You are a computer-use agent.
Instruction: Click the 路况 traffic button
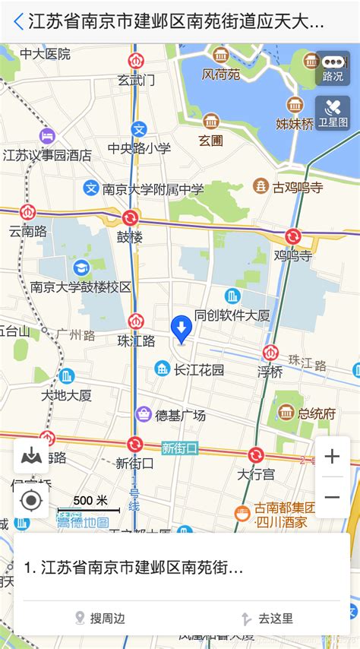[x=333, y=68]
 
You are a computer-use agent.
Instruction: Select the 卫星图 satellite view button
[x=333, y=113]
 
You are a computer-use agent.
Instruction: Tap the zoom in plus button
[x=332, y=457]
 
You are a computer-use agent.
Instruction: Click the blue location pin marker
[x=181, y=329]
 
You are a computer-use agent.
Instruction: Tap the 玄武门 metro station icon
[x=136, y=62]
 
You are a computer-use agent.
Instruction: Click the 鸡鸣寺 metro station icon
[x=292, y=237]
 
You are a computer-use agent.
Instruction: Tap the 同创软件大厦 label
[x=232, y=314]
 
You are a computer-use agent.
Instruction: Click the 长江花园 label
[x=199, y=370]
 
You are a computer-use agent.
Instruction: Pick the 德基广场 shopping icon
[x=143, y=414]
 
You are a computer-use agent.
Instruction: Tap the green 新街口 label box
[x=179, y=448]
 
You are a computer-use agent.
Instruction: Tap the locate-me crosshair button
[x=31, y=501]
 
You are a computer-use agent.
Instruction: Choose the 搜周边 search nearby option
[x=99, y=619]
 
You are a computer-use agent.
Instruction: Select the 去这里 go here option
[x=267, y=619]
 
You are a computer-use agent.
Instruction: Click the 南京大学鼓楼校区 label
[x=81, y=287]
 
